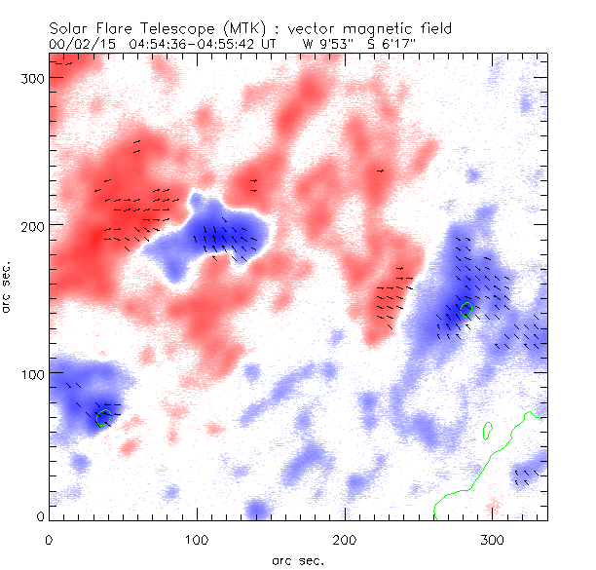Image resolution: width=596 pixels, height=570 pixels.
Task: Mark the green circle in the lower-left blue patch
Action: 104,418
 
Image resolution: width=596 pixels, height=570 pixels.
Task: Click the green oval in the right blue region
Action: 466,309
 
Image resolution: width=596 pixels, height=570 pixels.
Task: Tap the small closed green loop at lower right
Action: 487,427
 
